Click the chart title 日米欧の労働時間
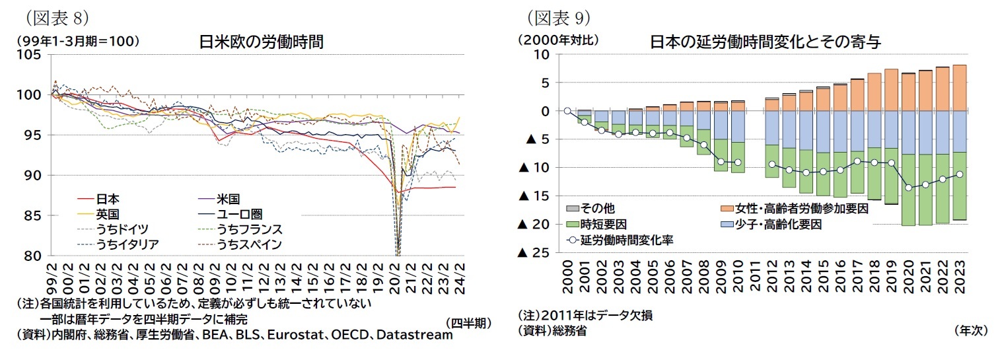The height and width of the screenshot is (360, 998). tap(262, 41)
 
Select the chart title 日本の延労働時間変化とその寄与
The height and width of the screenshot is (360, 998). tap(766, 41)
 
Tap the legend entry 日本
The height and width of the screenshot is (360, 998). tap(108, 198)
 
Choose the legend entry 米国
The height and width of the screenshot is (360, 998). tap(227, 198)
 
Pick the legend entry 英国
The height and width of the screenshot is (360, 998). tap(108, 214)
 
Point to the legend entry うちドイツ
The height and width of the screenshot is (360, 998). tap(122, 229)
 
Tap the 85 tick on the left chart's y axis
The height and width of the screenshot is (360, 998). tap(32, 216)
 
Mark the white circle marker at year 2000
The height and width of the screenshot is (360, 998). tap(567, 111)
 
